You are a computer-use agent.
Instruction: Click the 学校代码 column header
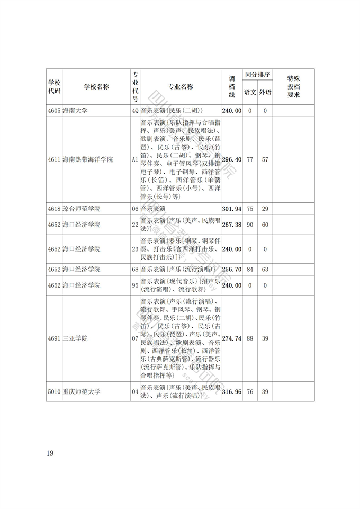(54, 87)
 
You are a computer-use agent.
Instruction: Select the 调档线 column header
(231, 87)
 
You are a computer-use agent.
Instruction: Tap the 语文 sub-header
(250, 92)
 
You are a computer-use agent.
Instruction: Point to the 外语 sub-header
(265, 92)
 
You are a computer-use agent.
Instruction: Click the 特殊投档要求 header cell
(293, 87)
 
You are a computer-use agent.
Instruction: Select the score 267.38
(232, 225)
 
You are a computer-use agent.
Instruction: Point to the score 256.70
(232, 270)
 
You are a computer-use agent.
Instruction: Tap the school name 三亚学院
(75, 338)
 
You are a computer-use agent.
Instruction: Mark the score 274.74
(232, 338)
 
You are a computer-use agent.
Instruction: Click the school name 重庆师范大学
(82, 391)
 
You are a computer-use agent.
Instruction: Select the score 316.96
(232, 391)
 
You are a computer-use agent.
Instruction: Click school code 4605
(54, 111)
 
